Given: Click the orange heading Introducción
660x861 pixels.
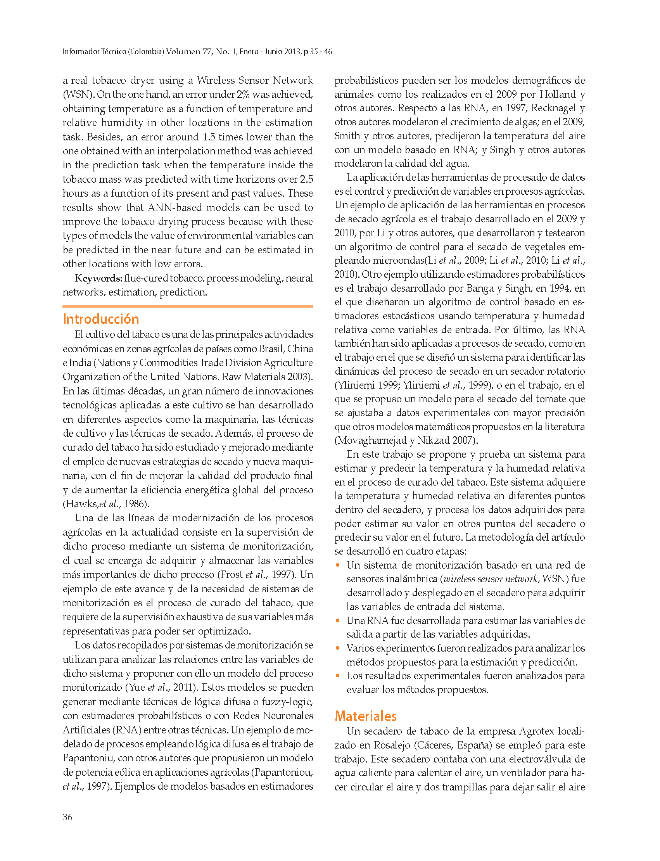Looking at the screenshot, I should click(101, 319).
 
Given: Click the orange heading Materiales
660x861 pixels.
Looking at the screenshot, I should click(365, 716).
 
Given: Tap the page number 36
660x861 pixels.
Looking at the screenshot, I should click(67, 817).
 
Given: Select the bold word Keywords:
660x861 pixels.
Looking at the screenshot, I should click(98, 278).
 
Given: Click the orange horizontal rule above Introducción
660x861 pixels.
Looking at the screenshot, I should click(188, 306).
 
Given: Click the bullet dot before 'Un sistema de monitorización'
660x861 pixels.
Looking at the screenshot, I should click(337, 565).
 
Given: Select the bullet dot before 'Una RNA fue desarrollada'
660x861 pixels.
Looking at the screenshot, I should click(337, 621).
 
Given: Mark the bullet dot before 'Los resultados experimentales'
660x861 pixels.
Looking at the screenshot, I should click(337, 676).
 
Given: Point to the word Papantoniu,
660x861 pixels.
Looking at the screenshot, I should click(88, 758).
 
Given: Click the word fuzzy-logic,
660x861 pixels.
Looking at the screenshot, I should click(287, 702).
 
